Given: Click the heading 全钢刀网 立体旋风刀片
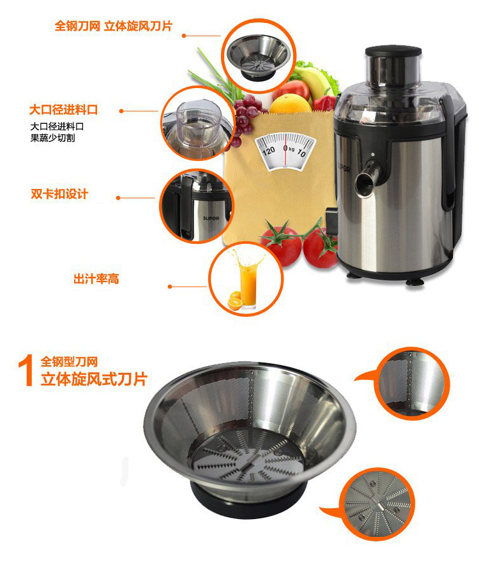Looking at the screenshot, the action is (x=114, y=26).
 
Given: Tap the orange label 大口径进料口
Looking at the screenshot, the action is (x=63, y=110).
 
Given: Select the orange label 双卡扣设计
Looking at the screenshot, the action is (x=59, y=194).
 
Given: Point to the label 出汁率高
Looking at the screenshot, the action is (x=96, y=278).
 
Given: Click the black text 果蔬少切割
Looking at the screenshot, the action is (x=52, y=138).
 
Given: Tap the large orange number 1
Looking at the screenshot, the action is (x=26, y=371).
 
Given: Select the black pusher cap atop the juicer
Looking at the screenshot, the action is (x=393, y=52).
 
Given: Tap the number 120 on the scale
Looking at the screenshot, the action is (x=269, y=150).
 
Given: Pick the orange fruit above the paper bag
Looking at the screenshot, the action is (x=290, y=104).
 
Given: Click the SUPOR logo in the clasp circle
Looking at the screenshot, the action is (x=211, y=218).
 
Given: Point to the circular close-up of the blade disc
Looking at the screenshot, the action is (x=377, y=504).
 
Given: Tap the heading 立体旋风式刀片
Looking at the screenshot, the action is (x=94, y=379).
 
